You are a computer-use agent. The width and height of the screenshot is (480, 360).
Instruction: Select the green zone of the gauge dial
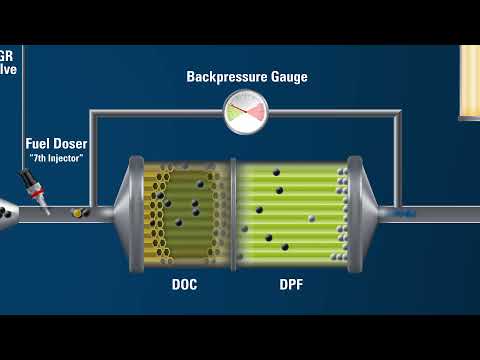coord(236,116)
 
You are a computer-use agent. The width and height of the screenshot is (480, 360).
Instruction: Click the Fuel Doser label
coord(56,144)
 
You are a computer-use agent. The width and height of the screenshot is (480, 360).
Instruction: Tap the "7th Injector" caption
coord(56,158)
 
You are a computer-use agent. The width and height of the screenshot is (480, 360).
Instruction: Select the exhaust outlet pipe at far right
coord(430,213)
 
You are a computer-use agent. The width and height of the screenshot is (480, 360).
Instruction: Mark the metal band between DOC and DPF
coord(233,211)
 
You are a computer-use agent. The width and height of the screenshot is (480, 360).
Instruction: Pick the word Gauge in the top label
coord(287,77)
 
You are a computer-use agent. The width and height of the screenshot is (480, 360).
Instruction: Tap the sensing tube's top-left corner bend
coord(93,113)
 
